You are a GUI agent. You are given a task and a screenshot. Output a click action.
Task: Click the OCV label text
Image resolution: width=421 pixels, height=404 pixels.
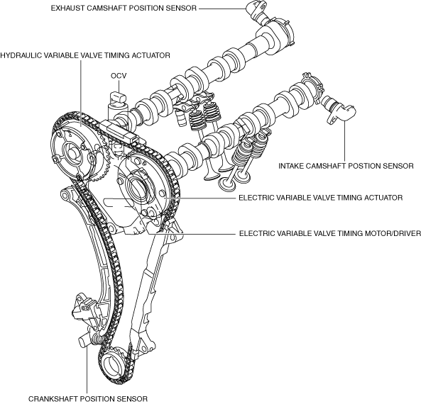(x=119, y=76)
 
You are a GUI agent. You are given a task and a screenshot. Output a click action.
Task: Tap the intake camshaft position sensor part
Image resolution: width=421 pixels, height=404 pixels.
(x=339, y=111)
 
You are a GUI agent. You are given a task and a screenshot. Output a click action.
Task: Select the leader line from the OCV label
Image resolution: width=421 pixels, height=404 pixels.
(x=119, y=86)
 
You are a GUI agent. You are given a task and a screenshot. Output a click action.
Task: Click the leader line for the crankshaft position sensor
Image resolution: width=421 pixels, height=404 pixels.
(x=87, y=371)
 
